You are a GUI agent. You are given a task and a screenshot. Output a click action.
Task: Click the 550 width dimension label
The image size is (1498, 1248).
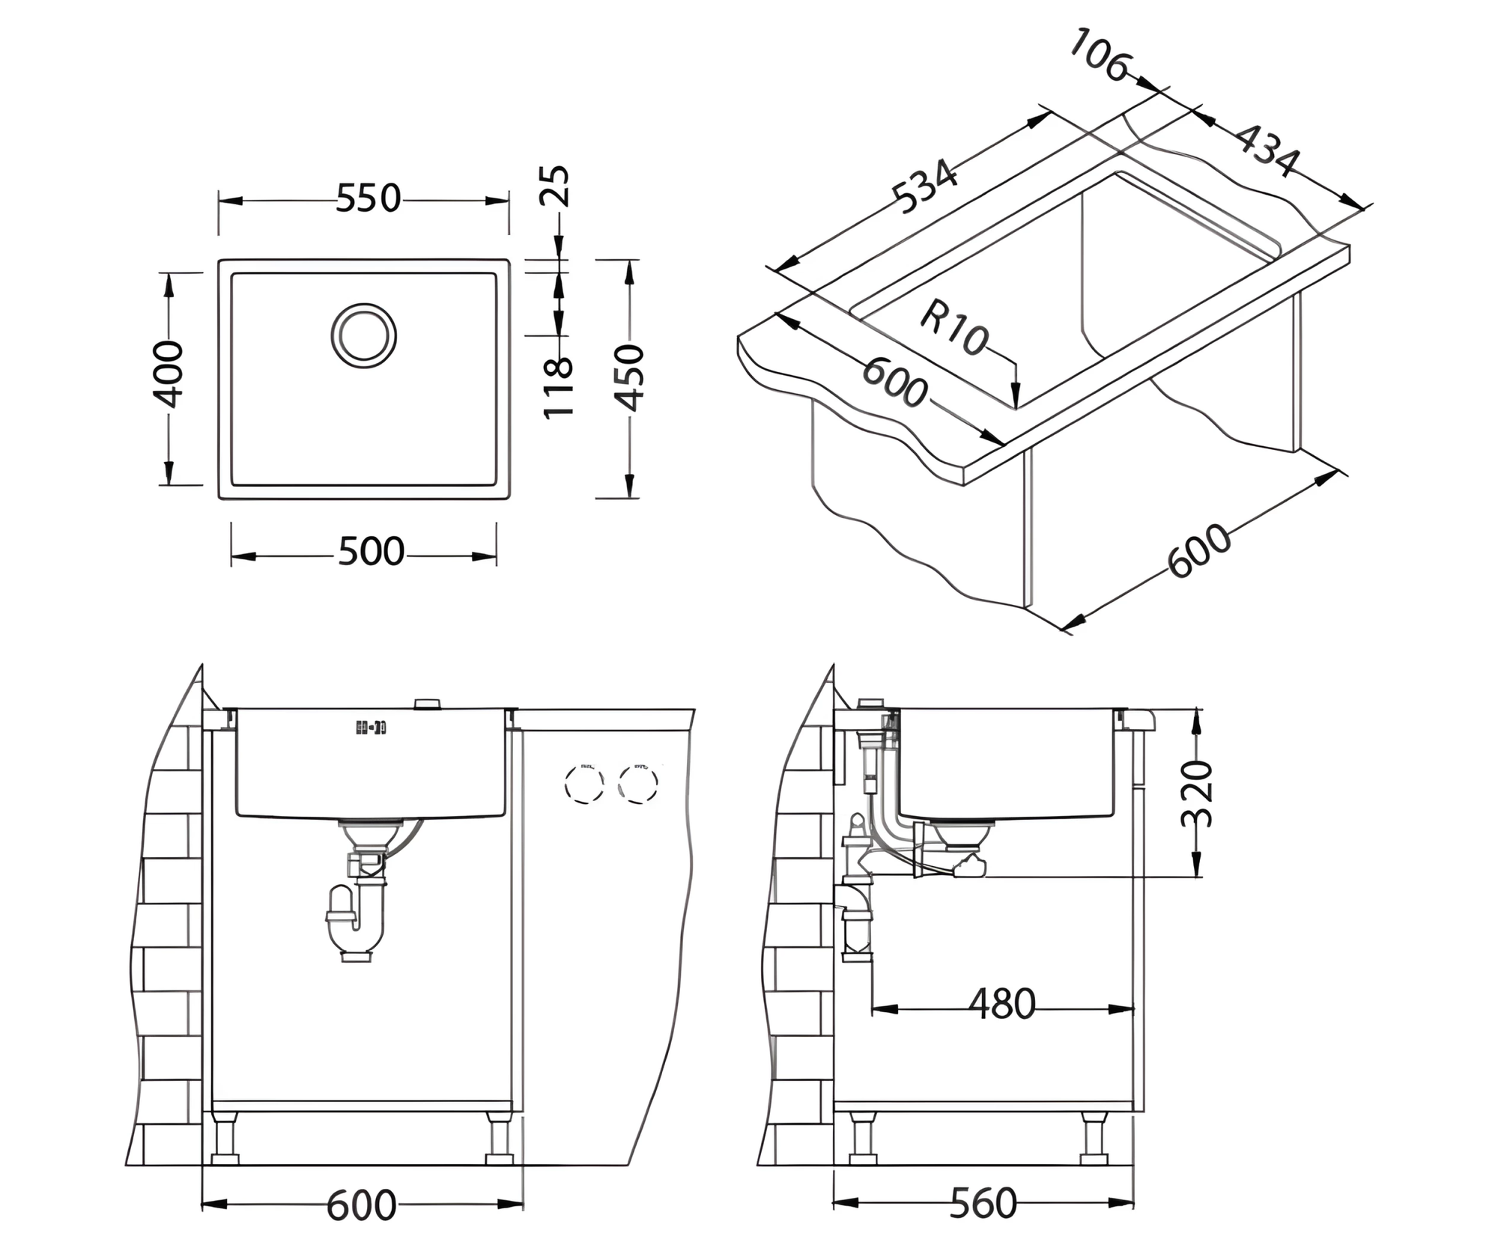click(x=368, y=199)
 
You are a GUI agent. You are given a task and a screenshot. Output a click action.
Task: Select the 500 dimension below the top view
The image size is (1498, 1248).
click(x=371, y=553)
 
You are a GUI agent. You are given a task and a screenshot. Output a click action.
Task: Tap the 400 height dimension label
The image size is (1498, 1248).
click(x=169, y=374)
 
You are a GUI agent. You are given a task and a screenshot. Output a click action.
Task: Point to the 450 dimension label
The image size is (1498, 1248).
click(x=630, y=378)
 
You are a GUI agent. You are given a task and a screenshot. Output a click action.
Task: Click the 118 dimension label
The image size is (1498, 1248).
click(x=558, y=387)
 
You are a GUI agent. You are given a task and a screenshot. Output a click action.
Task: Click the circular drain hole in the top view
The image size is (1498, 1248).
click(x=364, y=335)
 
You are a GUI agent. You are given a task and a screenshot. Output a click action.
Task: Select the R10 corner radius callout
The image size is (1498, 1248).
click(x=953, y=327)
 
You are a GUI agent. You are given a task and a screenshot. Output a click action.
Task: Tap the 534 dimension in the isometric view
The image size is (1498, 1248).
click(x=925, y=186)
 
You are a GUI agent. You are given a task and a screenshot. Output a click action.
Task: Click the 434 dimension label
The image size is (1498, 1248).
click(x=1267, y=150)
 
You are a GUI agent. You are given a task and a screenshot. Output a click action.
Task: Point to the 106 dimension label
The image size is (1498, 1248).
click(x=1099, y=55)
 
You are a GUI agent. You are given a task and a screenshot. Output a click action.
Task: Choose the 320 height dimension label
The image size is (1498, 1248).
click(x=1196, y=794)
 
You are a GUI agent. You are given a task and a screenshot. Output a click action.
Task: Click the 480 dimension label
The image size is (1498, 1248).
click(x=1002, y=1005)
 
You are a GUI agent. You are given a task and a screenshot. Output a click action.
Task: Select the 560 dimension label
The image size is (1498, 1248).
click(x=983, y=1204)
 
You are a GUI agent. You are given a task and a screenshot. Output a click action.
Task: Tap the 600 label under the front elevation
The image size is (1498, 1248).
click(x=361, y=1205)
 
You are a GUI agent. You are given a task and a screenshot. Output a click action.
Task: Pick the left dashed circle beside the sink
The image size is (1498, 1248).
click(x=584, y=783)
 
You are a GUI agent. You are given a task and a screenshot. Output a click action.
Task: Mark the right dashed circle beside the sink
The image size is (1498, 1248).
click(x=638, y=783)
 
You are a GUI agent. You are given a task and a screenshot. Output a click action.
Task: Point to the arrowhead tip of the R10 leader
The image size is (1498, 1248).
click(x=1016, y=409)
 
